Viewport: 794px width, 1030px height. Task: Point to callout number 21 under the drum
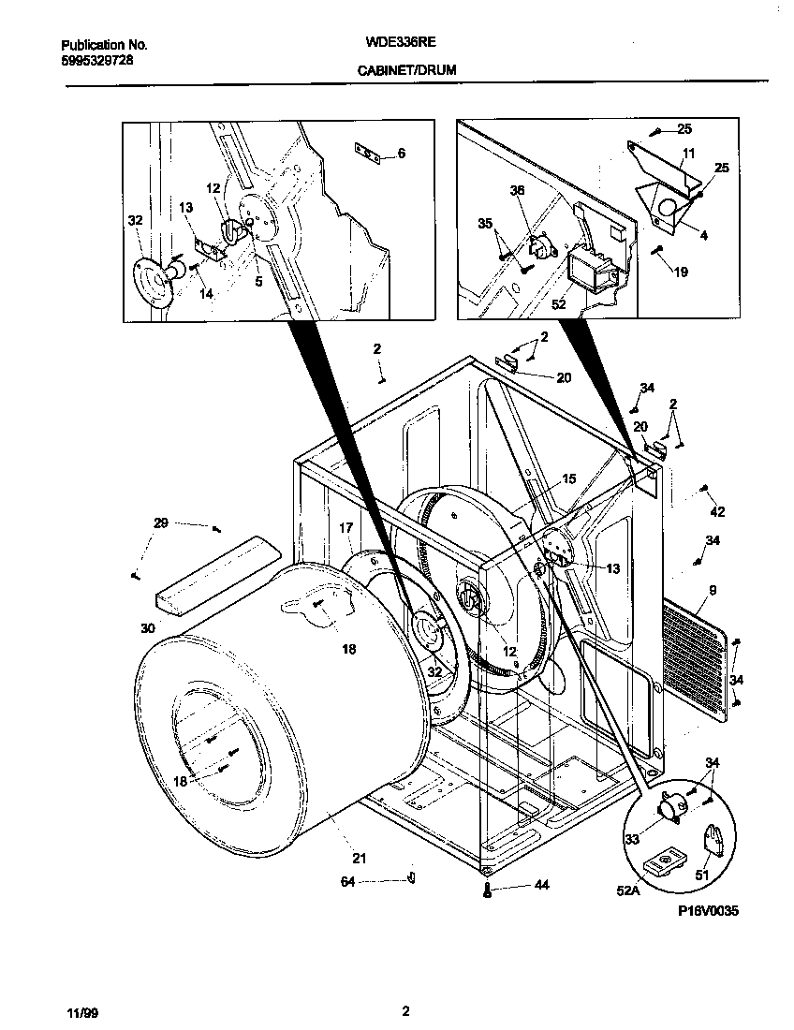[360, 858]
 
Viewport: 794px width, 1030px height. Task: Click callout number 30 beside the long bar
[147, 629]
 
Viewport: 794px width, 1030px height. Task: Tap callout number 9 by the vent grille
[713, 591]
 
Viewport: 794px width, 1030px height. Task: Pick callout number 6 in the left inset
[401, 153]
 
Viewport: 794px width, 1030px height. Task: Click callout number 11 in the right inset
[688, 153]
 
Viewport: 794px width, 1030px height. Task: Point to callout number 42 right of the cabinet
[717, 512]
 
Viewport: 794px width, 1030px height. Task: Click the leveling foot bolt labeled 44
[488, 890]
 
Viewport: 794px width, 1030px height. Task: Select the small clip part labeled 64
[410, 876]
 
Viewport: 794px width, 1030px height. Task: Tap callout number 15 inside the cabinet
[568, 478]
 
